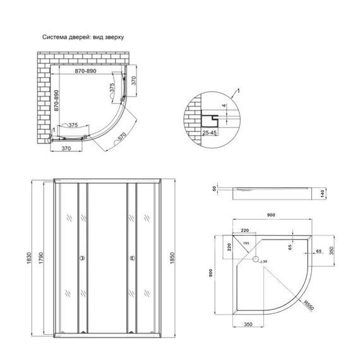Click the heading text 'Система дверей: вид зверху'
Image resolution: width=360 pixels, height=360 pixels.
tap(83, 37)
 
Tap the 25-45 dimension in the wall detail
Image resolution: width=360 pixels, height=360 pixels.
tap(211, 133)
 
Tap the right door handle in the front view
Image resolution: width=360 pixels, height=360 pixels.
tap(133, 258)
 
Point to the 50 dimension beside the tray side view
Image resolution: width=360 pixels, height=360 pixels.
tap(215, 188)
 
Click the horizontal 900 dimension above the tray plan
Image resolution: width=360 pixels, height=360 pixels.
tap(272, 216)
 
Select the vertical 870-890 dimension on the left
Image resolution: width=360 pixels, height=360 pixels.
tap(57, 100)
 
